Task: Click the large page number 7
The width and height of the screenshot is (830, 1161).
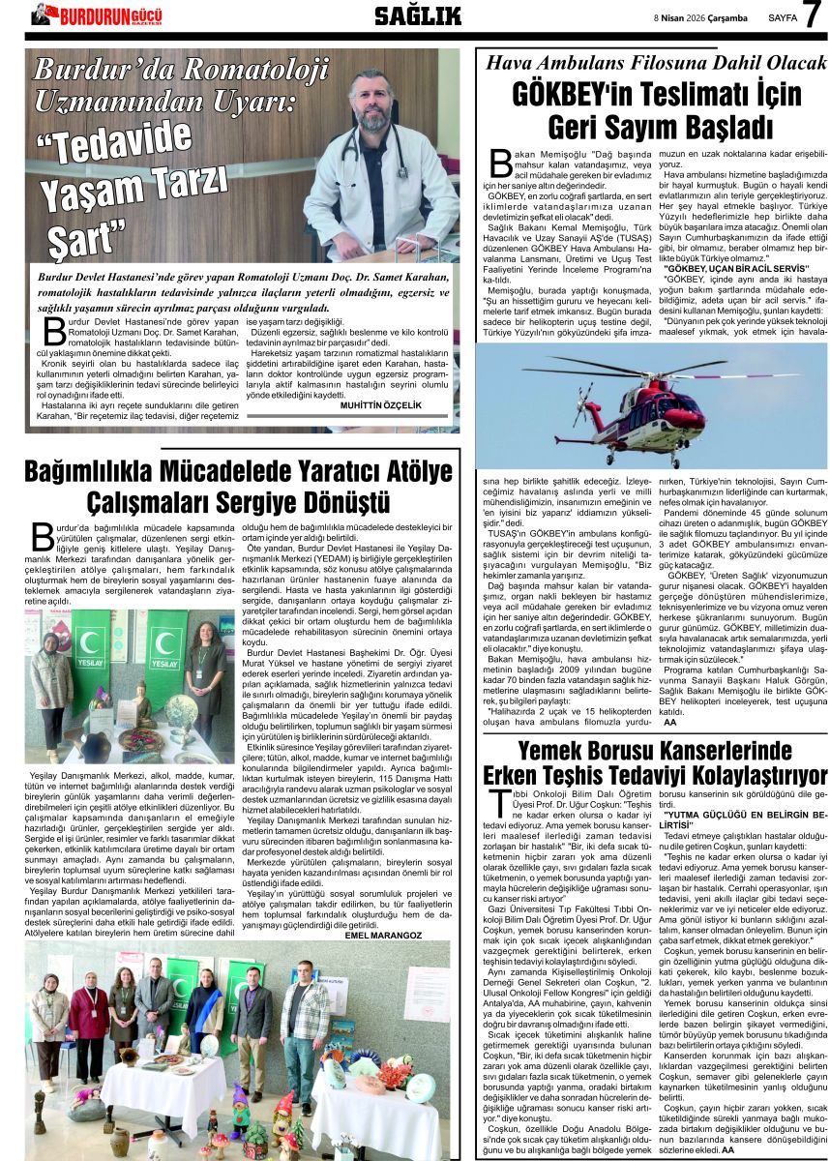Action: pos(812,15)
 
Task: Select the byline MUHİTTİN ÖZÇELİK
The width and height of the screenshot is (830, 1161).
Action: pos(381,405)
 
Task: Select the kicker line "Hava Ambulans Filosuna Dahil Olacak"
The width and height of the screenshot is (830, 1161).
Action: pos(655,63)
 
